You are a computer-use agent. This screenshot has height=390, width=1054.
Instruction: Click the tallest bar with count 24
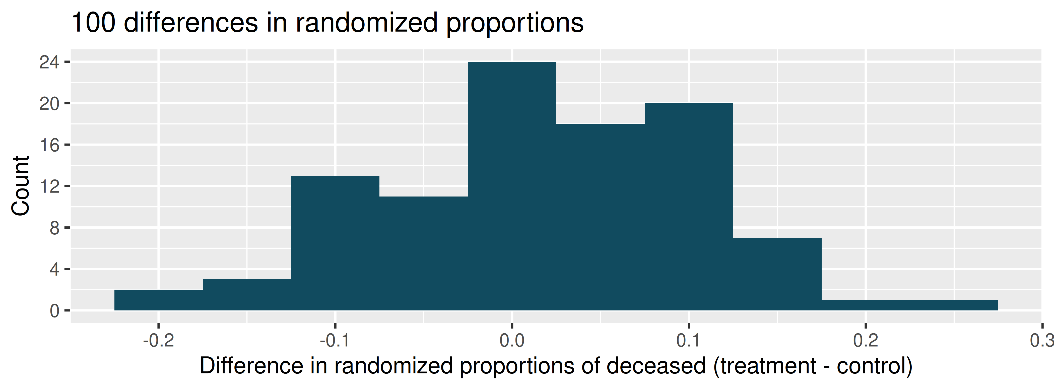pyautogui.click(x=512, y=186)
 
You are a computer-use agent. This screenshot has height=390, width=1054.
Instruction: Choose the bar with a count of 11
pyautogui.click(x=424, y=253)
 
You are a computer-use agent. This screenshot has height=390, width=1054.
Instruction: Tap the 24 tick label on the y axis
pyautogui.click(x=49, y=62)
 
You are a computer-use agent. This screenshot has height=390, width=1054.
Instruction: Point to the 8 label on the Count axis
pyautogui.click(x=54, y=228)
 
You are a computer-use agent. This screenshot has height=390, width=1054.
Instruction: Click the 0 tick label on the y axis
pyautogui.click(x=54, y=311)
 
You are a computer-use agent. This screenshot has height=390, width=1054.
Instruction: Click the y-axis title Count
pyautogui.click(x=21, y=186)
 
